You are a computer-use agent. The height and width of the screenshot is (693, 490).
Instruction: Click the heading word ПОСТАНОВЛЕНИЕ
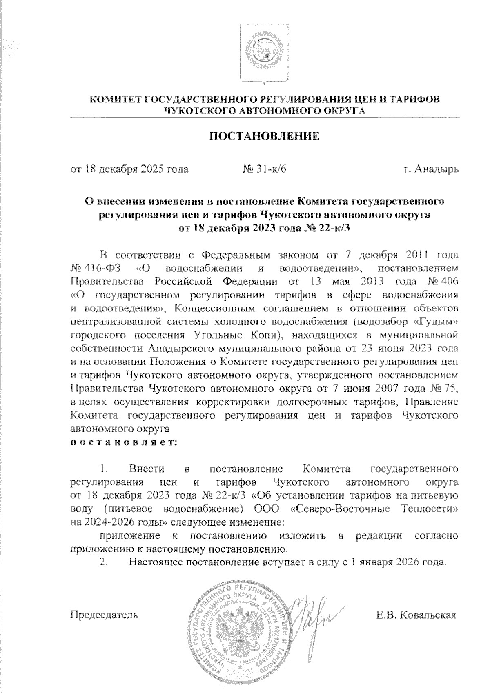tap(264, 136)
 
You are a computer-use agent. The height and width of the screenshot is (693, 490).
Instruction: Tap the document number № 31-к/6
tap(264, 169)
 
